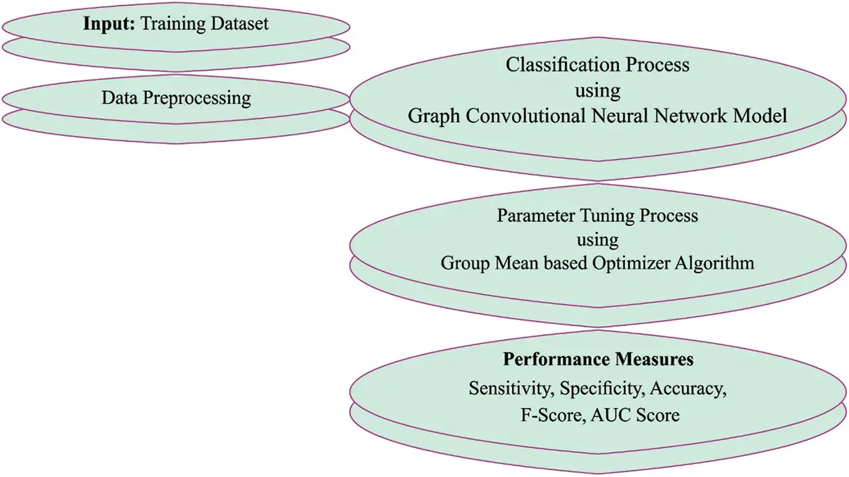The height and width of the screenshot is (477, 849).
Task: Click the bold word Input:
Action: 109,24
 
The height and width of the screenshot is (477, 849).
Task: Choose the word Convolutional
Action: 518,116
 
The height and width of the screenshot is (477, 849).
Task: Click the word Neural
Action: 619,116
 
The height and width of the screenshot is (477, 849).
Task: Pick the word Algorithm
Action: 716,263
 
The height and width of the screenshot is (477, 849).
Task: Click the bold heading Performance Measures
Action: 598,359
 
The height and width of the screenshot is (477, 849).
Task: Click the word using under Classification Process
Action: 597,91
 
